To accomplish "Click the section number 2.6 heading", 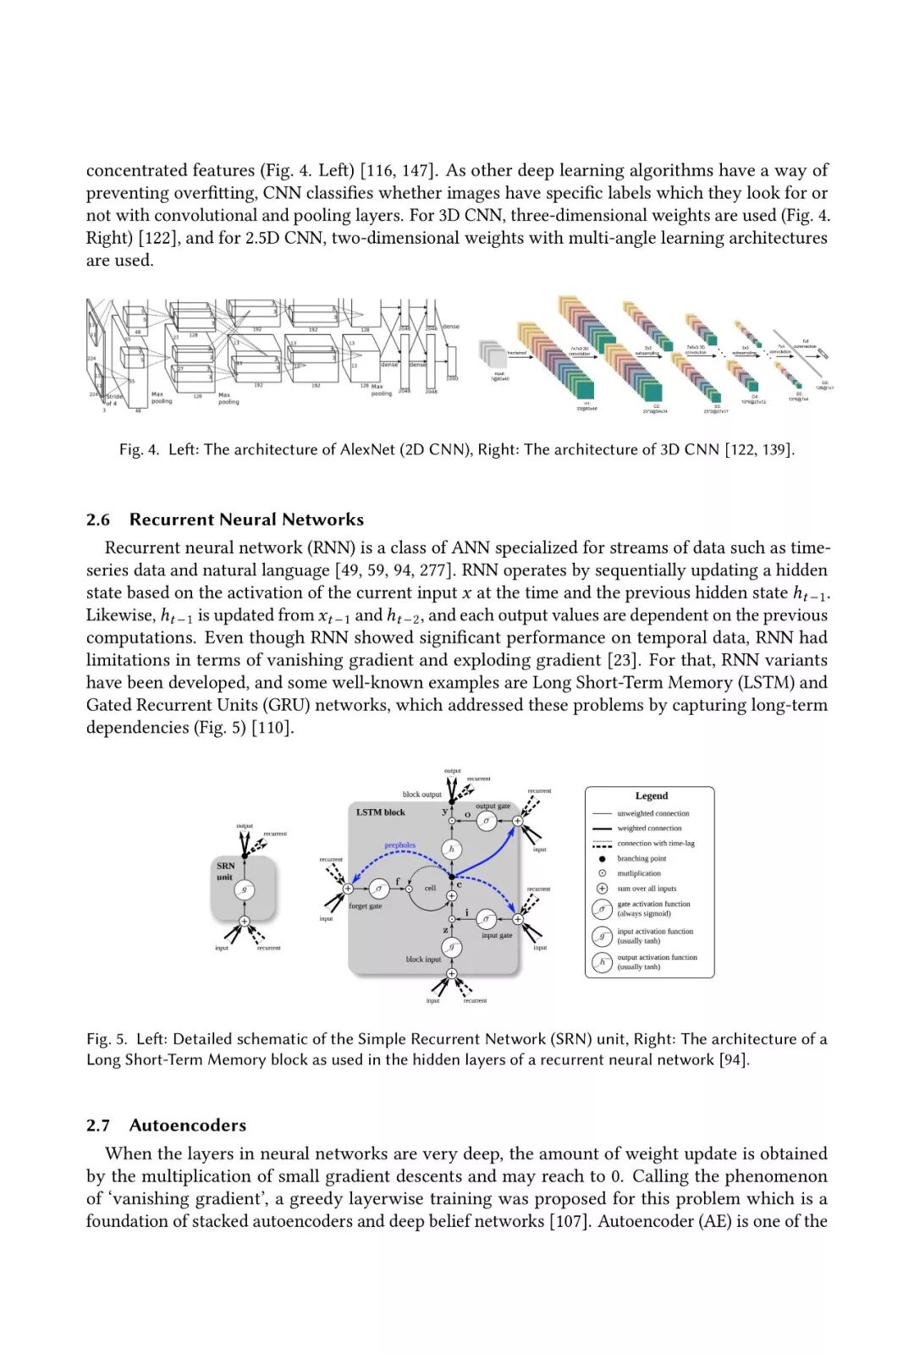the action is point(98,520).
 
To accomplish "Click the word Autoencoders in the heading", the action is point(188,1125).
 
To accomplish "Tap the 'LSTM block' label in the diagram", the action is point(380,812).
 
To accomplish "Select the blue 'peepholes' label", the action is point(400,845).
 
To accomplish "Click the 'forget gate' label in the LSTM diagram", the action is point(366,906).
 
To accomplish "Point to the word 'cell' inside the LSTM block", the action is point(430,888).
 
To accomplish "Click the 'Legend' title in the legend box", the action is point(651,795).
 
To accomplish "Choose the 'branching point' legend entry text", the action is point(641,858).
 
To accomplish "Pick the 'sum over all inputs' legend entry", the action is point(647,889).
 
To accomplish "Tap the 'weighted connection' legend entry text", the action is point(649,828).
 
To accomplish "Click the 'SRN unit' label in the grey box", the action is point(225,871).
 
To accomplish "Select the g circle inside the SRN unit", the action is point(245,889).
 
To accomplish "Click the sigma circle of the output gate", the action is point(487,821).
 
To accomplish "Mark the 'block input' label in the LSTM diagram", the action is point(423,960).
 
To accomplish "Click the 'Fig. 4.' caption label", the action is point(139,449).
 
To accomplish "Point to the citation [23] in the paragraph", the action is point(622,660).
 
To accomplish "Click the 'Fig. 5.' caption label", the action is point(107,1039).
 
